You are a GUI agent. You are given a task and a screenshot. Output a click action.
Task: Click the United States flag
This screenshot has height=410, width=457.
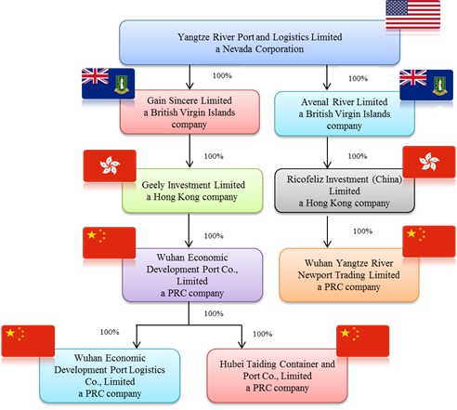point(412,15)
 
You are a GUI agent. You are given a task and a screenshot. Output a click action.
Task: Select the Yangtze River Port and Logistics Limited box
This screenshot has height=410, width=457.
point(259,43)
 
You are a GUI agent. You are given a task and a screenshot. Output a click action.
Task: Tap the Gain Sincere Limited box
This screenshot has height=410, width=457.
point(189,112)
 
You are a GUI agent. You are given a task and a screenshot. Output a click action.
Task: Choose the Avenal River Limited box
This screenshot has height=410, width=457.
point(345,113)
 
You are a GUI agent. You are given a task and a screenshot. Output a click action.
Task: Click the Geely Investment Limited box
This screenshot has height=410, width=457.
point(192,191)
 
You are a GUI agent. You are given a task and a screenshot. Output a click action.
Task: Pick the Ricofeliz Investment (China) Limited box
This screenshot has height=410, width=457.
point(345,191)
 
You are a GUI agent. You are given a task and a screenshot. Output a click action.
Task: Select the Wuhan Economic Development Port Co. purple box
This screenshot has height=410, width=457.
point(192,275)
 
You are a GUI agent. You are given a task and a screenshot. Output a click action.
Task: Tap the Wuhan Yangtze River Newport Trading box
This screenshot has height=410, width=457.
point(349,275)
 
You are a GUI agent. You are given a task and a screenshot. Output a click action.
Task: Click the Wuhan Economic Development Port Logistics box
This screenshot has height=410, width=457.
point(110,376)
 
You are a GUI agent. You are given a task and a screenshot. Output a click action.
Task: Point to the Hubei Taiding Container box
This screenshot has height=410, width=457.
point(277,376)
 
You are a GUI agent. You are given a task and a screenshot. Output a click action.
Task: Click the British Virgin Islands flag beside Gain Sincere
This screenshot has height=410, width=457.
point(108,84)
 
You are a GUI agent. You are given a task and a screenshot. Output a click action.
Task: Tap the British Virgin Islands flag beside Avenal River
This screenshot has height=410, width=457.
point(426,85)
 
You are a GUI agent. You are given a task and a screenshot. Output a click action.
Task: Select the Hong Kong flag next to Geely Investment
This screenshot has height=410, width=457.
point(110,165)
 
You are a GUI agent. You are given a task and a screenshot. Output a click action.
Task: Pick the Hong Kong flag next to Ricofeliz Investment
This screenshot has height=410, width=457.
point(429,162)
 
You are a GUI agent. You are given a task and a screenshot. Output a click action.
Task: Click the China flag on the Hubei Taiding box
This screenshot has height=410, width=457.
point(362,341)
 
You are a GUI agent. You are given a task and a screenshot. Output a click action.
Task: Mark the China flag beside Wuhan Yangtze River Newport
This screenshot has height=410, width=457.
point(429,242)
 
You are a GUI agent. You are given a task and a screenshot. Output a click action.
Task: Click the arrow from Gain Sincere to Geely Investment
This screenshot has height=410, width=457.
point(189,151)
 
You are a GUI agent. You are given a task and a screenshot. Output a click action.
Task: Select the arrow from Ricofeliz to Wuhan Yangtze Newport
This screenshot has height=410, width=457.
point(327,231)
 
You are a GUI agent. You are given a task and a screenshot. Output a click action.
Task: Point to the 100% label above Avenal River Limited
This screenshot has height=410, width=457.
point(358,78)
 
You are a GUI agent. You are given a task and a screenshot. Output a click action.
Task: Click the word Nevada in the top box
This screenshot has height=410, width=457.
point(237,49)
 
